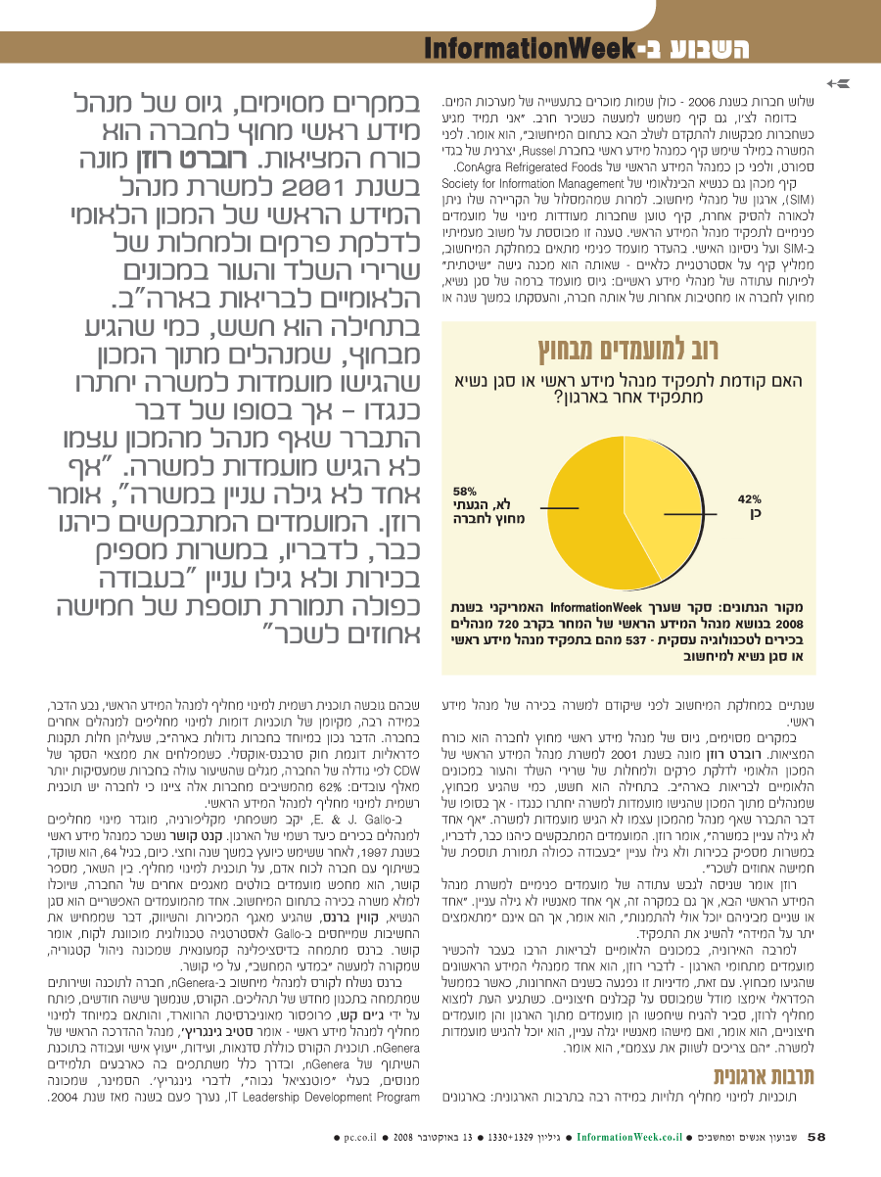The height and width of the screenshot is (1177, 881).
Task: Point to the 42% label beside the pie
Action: tap(749, 505)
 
